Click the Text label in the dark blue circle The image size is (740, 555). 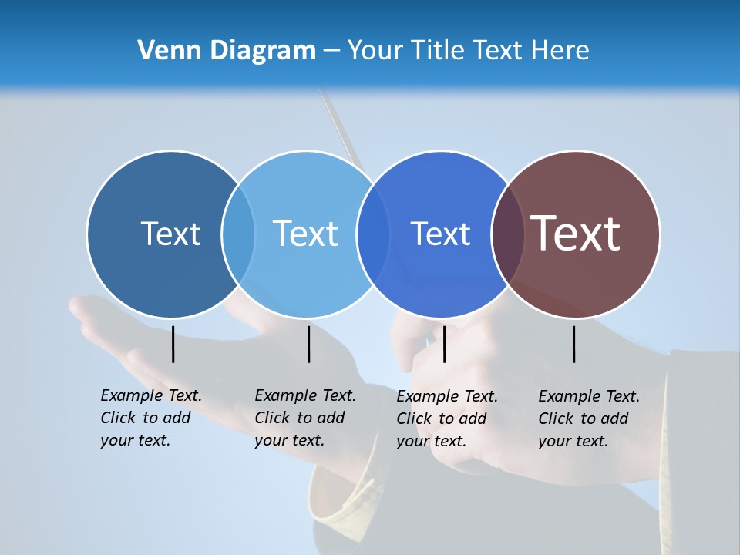[170, 234]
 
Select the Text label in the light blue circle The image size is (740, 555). [305, 234]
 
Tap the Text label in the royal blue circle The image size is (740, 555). [440, 234]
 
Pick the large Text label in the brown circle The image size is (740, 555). [576, 234]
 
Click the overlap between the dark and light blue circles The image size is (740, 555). [238, 234]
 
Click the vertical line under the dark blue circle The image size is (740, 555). [173, 344]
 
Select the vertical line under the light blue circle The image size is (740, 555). [308, 344]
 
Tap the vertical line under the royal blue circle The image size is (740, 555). [444, 344]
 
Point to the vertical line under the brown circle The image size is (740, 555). [573, 344]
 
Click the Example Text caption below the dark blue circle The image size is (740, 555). [150, 418]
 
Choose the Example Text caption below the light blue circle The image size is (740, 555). [304, 418]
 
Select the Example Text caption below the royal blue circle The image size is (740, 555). [446, 419]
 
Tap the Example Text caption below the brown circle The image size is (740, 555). [588, 419]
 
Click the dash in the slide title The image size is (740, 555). [331, 52]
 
